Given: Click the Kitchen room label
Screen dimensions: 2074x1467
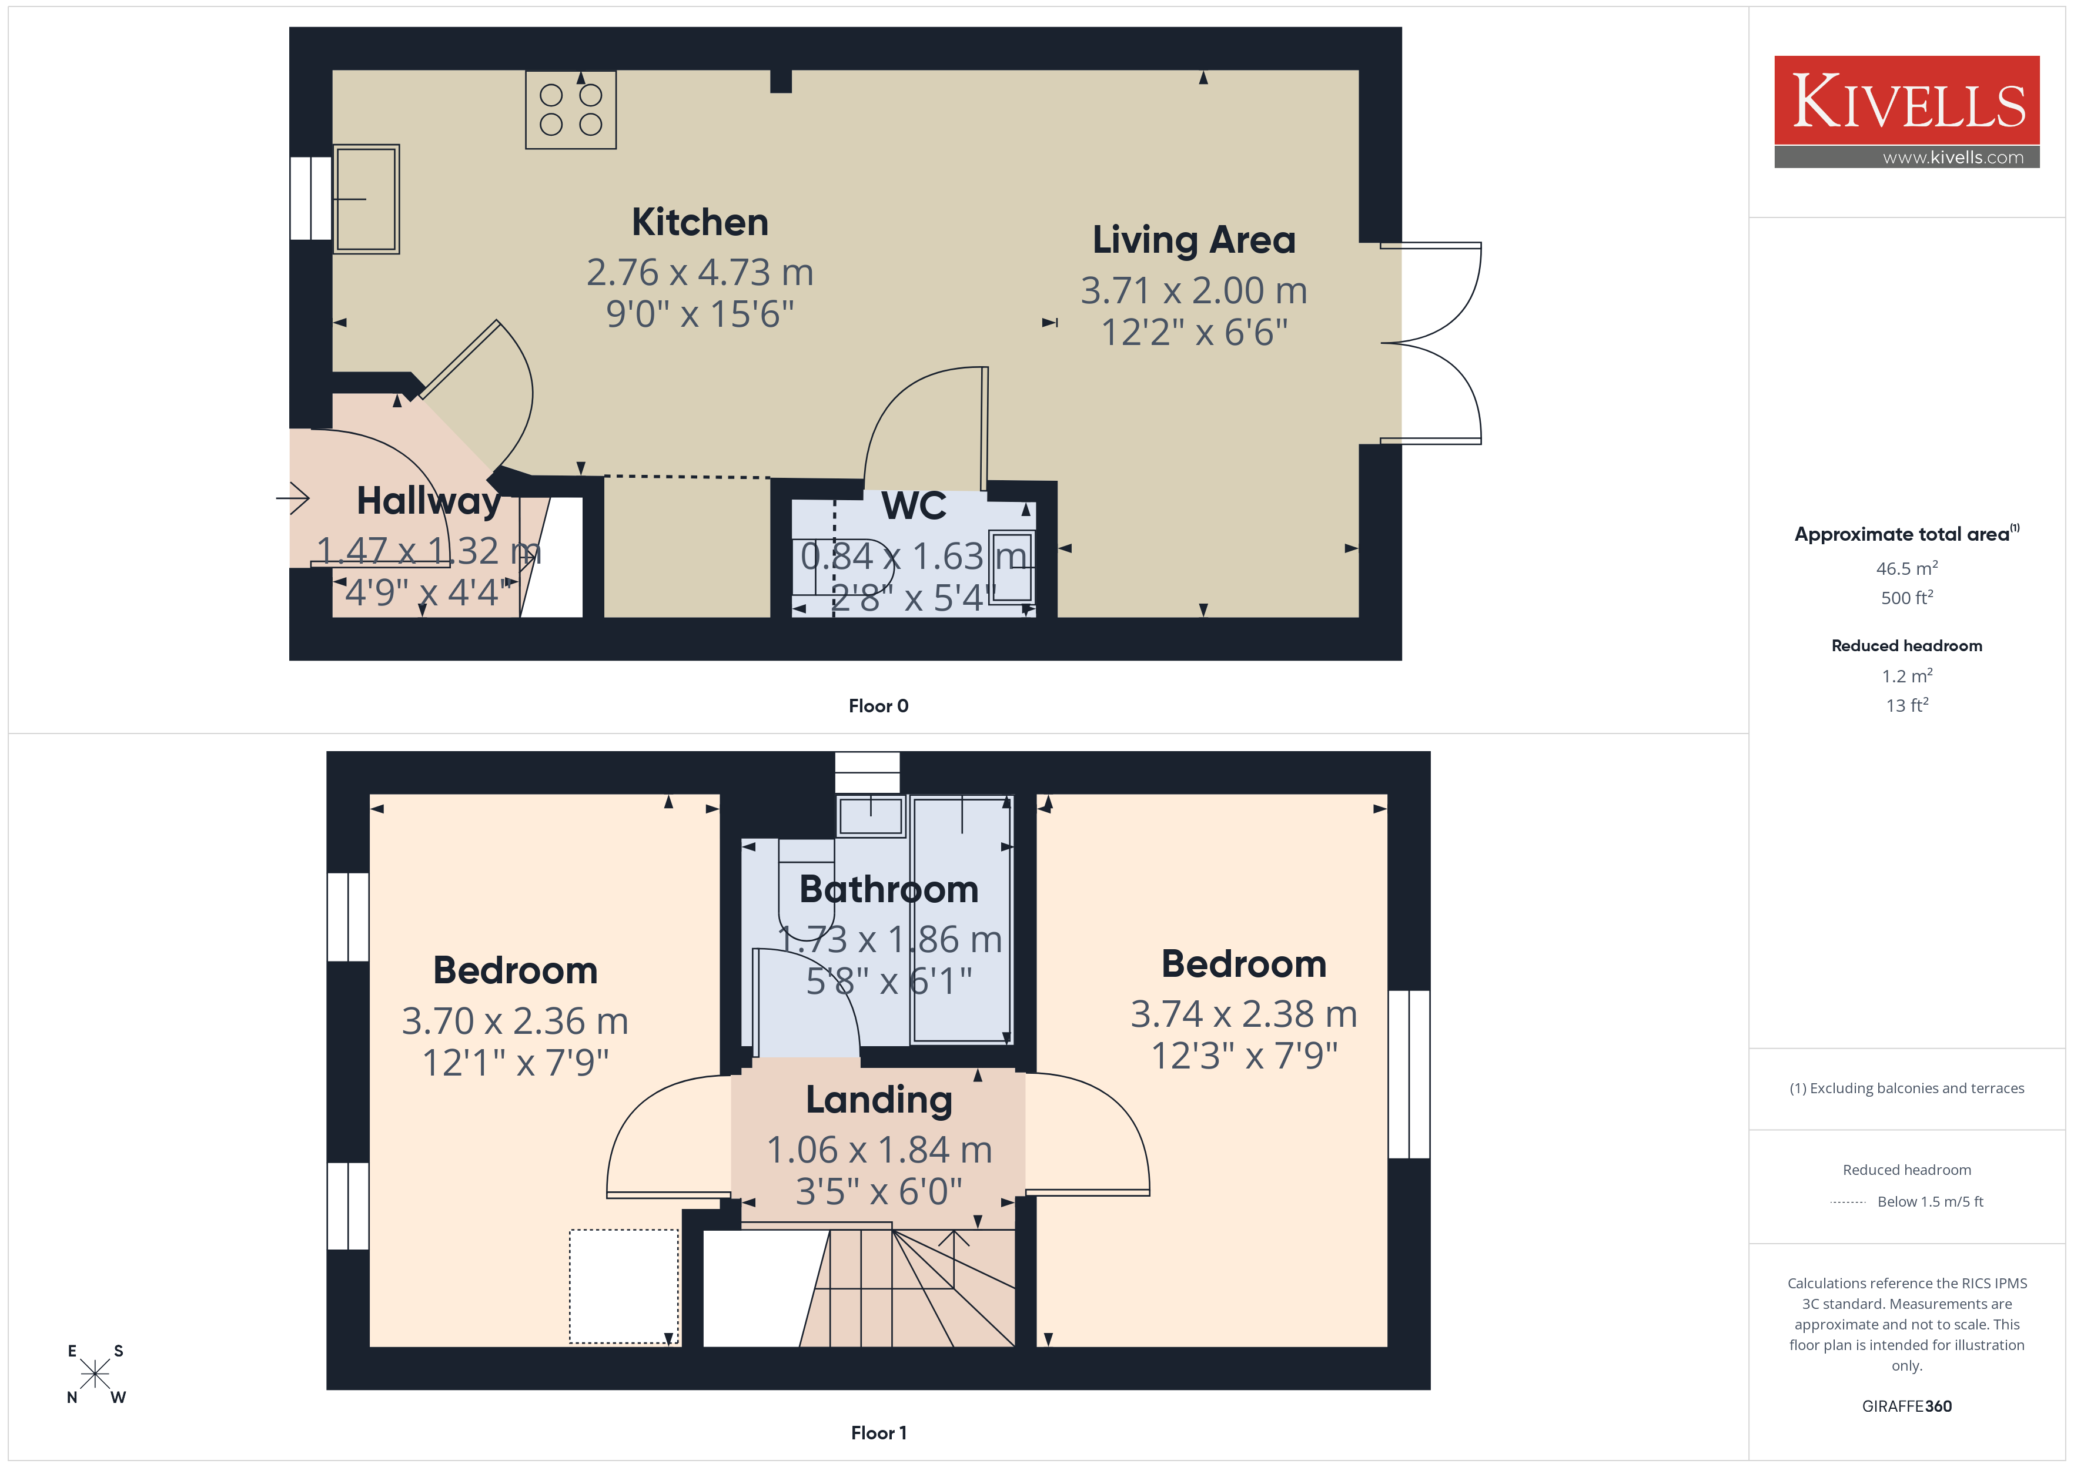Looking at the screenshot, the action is coord(700,222).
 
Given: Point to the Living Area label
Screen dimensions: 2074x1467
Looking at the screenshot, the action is coord(1194,240).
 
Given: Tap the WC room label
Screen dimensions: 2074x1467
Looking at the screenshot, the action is coord(914,506).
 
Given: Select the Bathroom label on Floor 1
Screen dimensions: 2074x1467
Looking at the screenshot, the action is coord(889,890).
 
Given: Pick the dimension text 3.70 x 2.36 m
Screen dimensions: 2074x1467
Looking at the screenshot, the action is coord(515,1021).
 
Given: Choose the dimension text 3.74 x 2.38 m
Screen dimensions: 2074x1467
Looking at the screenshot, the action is coord(1244,1013).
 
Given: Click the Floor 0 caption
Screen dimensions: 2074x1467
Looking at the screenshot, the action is coord(878,706).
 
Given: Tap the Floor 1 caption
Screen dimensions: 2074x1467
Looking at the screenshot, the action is coord(878,1433).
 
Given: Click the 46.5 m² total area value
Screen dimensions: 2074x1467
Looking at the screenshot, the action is coord(1907,568).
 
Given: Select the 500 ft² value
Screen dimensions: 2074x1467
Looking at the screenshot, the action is coord(1907,597).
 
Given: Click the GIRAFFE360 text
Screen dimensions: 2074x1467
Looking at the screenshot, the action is coord(1907,1406).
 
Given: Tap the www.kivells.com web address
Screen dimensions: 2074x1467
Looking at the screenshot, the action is coord(1953,157).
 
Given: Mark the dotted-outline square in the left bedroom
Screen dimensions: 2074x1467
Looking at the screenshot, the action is coord(623,1287).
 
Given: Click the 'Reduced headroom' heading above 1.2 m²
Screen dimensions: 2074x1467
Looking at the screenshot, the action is coord(1907,646).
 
